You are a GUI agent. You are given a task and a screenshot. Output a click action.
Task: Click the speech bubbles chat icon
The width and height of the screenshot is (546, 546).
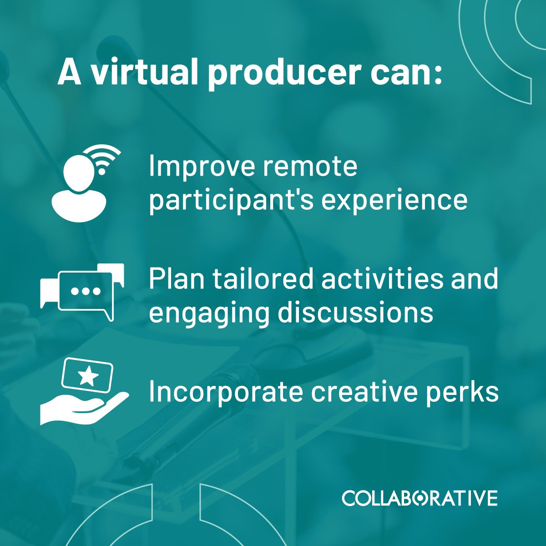[82, 291]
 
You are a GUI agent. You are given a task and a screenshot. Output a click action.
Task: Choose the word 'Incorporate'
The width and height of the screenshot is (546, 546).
[226, 392]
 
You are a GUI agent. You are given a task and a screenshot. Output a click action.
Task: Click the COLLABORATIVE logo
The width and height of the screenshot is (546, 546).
[420, 498]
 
